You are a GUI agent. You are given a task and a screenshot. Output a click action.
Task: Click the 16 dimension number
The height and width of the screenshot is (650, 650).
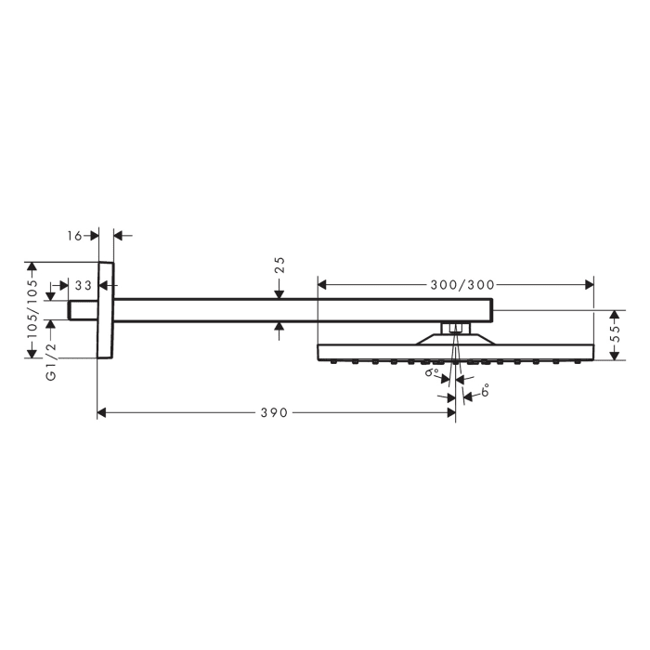(76, 236)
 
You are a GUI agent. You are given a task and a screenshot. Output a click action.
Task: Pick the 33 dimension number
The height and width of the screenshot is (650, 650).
(83, 286)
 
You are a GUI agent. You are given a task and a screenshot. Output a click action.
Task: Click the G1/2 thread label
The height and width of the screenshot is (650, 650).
(52, 360)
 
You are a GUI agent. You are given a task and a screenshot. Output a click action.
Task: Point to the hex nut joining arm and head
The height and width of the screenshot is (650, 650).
(454, 327)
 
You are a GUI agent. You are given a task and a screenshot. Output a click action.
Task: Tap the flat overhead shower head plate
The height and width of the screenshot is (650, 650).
(455, 352)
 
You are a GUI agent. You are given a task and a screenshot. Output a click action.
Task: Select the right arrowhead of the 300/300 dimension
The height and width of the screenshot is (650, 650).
(588, 282)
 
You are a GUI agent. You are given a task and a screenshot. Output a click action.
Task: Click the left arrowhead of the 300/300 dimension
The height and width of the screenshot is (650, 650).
(323, 282)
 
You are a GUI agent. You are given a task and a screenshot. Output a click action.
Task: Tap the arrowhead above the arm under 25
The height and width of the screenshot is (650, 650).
(279, 293)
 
